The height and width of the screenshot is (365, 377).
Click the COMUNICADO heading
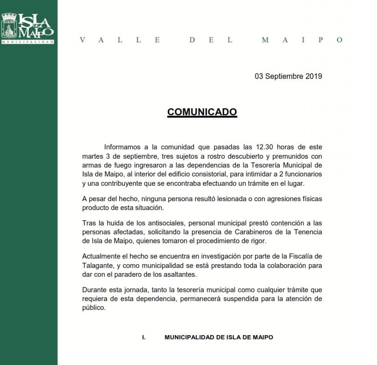click(202, 112)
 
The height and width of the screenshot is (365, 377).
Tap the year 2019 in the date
click(313, 77)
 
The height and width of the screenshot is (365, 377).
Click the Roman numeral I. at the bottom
click(144, 337)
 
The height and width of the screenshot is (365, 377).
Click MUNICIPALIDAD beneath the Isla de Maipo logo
click(28, 42)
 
